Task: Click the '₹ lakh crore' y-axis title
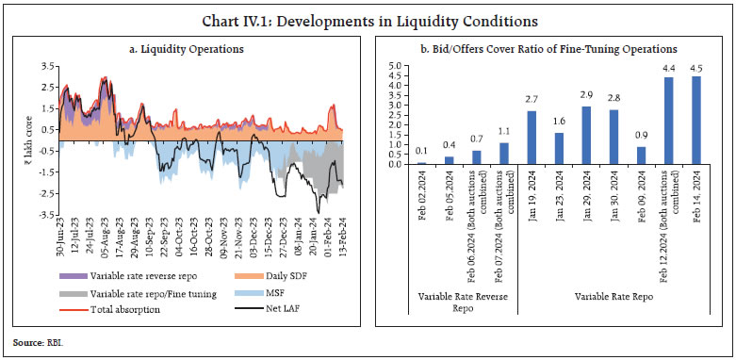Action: pos(25,141)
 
